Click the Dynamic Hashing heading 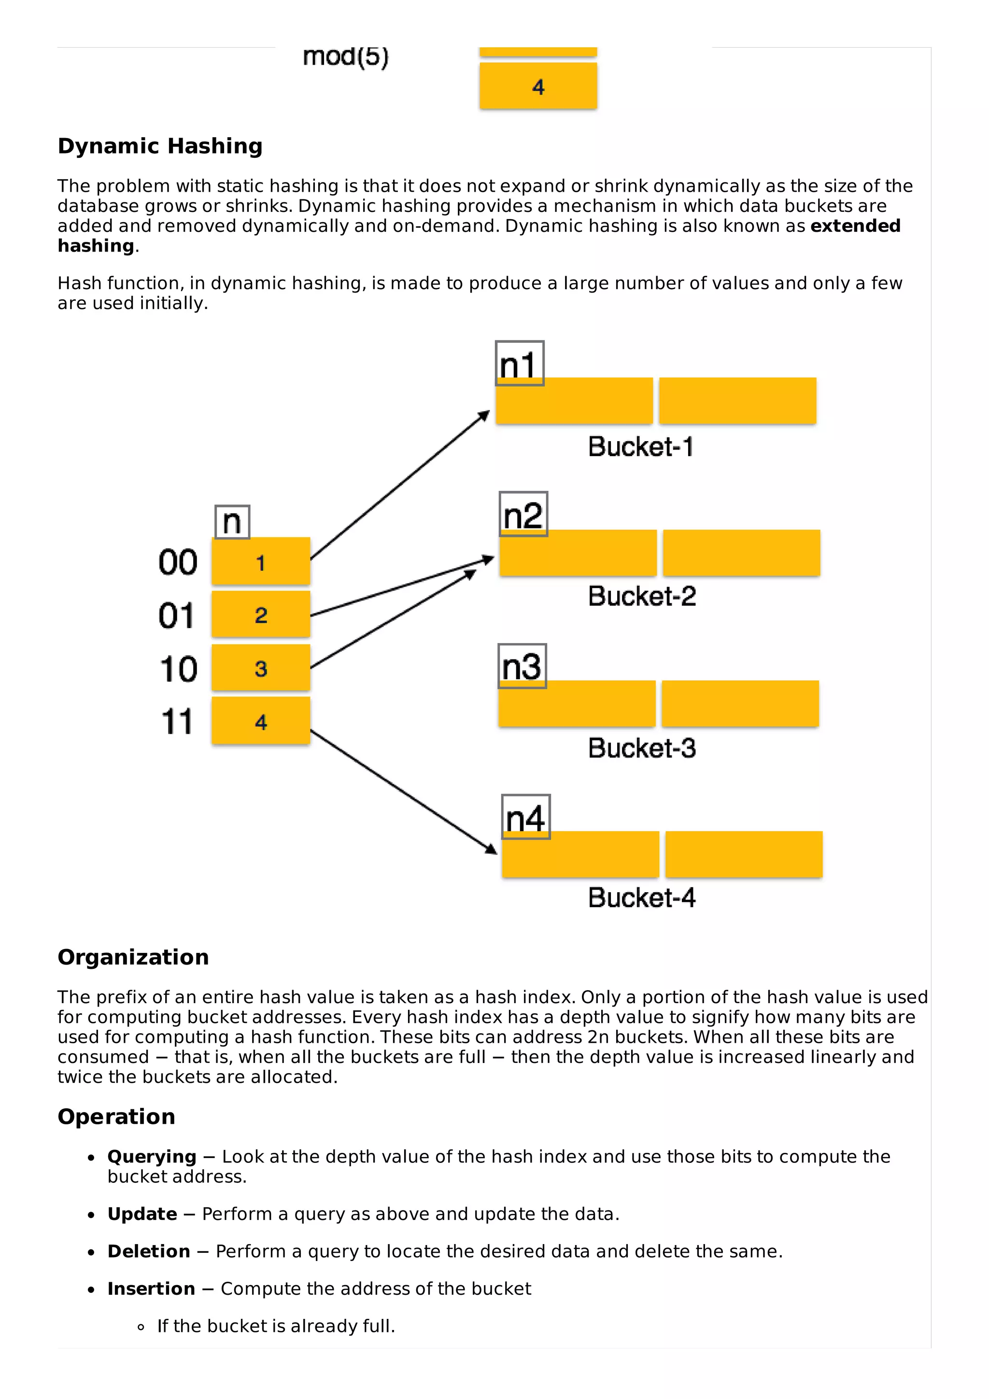click(160, 146)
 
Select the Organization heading click(133, 957)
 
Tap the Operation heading click(116, 1116)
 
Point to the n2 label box click(523, 514)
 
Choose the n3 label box click(522, 666)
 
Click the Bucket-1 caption click(640, 447)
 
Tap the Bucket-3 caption click(642, 748)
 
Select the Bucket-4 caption click(642, 897)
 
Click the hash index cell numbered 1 click(261, 562)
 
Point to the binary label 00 click(178, 562)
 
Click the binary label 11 click(177, 722)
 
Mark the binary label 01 click(177, 616)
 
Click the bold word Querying click(152, 1157)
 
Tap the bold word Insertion click(151, 1289)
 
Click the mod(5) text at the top click(345, 56)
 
